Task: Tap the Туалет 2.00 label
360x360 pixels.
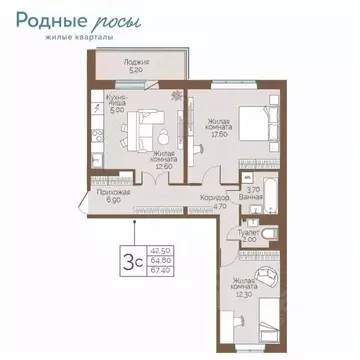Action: [250, 236]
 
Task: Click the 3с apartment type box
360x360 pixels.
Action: [129, 258]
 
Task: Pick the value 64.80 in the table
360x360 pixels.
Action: [159, 259]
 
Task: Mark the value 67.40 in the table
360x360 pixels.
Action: [159, 268]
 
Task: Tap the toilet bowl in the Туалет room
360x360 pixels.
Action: [272, 235]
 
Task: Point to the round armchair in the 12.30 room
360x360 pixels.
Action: [266, 280]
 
